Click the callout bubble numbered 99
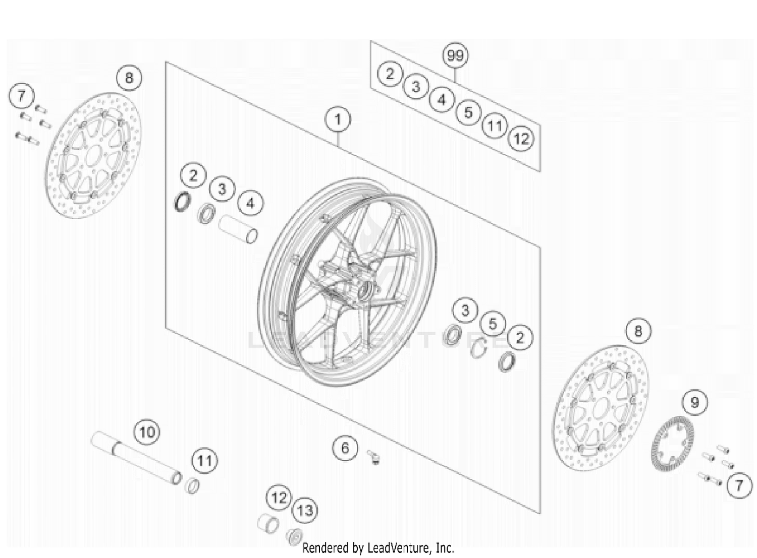coord(455,55)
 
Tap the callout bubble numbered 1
coord(338,120)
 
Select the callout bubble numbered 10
coord(146,432)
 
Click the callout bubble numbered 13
coord(305,510)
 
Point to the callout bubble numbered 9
coord(695,402)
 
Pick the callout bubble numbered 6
coord(345,448)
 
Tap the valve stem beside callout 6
coord(374,457)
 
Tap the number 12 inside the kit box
coord(521,138)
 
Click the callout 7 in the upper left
coord(21,95)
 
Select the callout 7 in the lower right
coord(739,485)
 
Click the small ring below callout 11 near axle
coord(192,486)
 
